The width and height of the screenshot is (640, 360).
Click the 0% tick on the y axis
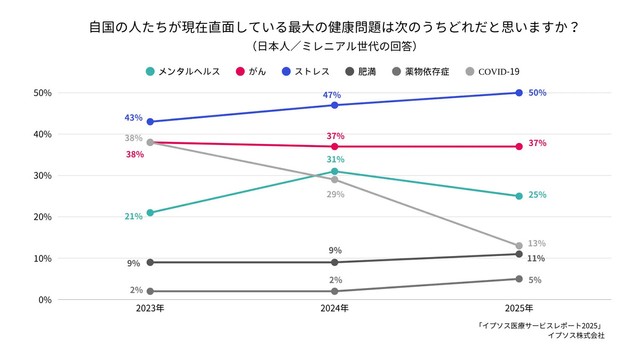coord(45,300)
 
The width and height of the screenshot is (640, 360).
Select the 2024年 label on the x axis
coord(334,309)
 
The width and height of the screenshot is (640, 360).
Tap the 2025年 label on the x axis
coord(518,309)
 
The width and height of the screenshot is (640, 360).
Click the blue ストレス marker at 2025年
coord(518,93)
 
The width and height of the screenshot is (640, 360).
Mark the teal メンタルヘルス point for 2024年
coord(334,171)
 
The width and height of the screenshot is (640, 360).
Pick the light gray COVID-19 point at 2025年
coord(518,246)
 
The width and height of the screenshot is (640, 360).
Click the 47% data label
coord(333,94)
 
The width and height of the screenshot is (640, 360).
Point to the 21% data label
coord(133,217)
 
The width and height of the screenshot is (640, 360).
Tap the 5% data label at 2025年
coord(535,281)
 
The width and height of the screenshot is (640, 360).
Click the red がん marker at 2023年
coord(150,142)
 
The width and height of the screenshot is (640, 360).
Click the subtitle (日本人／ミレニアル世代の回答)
coord(319,46)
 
